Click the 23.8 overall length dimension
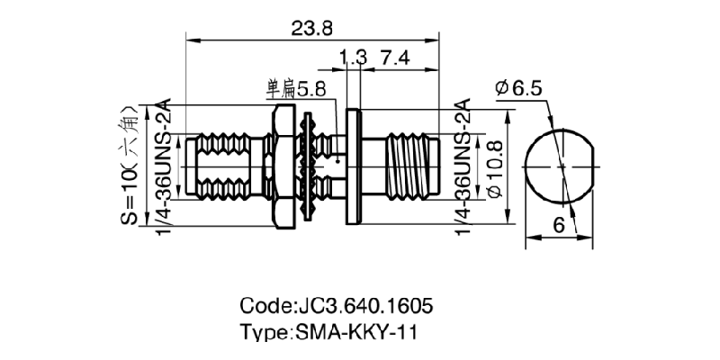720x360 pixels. tap(312, 28)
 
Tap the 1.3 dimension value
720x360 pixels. tap(354, 58)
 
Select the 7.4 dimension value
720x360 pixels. tap(395, 58)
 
